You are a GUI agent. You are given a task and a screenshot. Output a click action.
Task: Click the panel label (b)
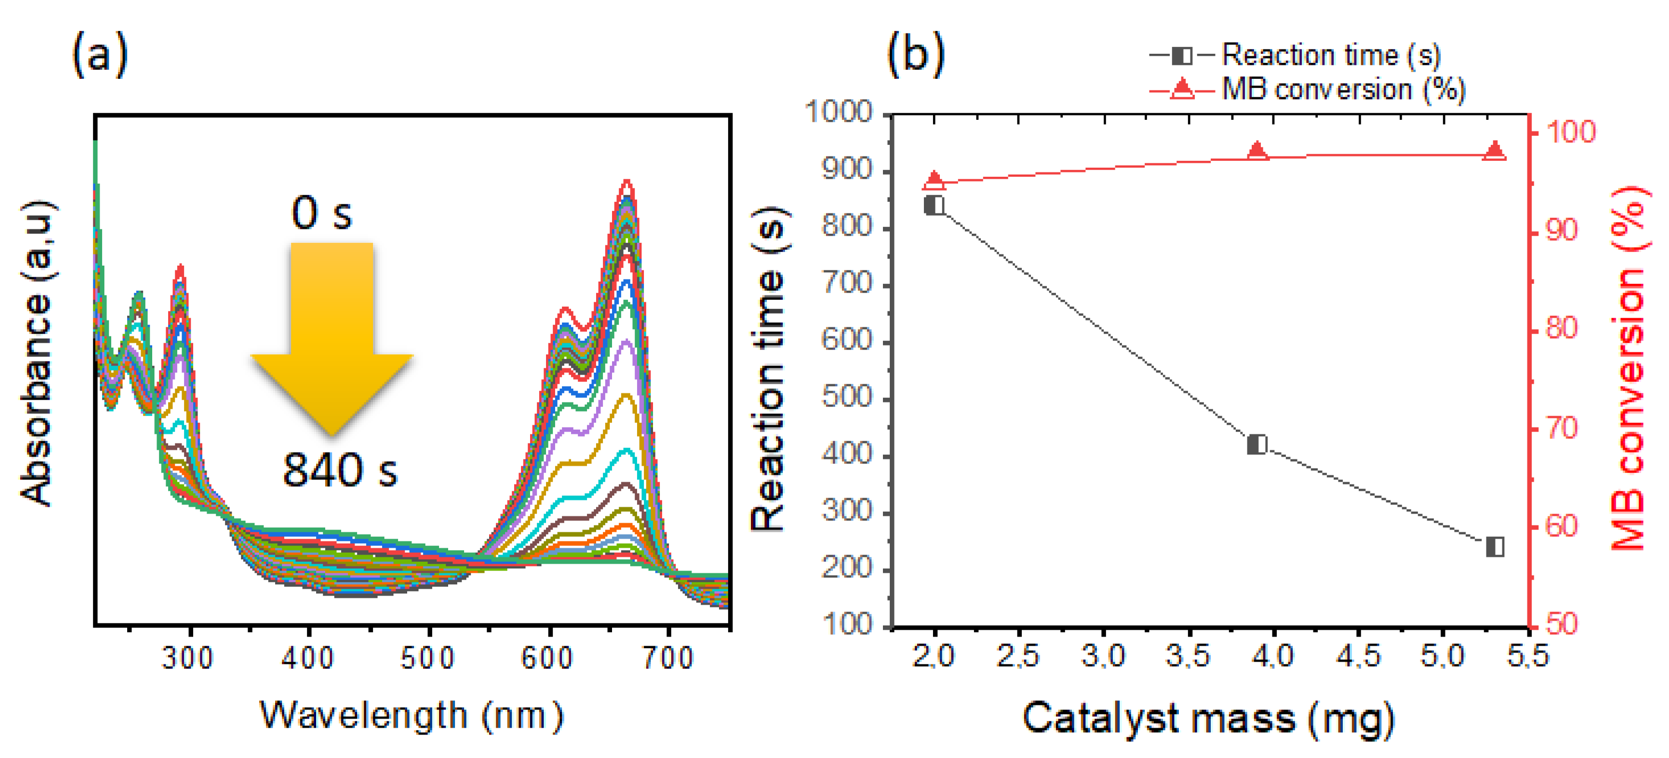pyautogui.click(x=915, y=54)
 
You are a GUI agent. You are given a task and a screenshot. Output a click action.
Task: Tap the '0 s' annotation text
pyautogui.click(x=321, y=212)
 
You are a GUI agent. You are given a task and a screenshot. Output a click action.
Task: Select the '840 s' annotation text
pyautogui.click(x=340, y=469)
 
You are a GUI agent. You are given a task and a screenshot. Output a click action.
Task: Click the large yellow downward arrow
pyautogui.click(x=332, y=337)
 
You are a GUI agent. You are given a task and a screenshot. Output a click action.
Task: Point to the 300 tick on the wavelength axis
pyautogui.click(x=188, y=657)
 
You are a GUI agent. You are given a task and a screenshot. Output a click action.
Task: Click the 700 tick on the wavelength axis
pyautogui.click(x=668, y=657)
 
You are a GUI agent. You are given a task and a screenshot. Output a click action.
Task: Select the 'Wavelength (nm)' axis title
pyautogui.click(x=412, y=716)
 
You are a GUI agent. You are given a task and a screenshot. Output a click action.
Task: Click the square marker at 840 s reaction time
pyautogui.click(x=934, y=205)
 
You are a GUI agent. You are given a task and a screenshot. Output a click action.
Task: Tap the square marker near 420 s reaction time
pyautogui.click(x=1257, y=444)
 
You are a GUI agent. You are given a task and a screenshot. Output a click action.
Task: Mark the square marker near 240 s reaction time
pyautogui.click(x=1495, y=547)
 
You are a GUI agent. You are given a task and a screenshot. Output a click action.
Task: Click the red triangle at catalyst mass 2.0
pyautogui.click(x=934, y=180)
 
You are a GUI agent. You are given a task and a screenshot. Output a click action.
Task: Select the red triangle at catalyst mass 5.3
pyautogui.click(x=1495, y=151)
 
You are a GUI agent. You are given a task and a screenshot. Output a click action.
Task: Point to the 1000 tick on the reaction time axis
pyautogui.click(x=838, y=112)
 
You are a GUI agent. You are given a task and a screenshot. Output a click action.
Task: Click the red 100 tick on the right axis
pyautogui.click(x=1571, y=132)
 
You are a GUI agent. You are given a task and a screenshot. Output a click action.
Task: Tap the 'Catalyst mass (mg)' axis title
pyautogui.click(x=1208, y=718)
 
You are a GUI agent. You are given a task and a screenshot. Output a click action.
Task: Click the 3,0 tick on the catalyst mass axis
pyautogui.click(x=1103, y=656)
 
